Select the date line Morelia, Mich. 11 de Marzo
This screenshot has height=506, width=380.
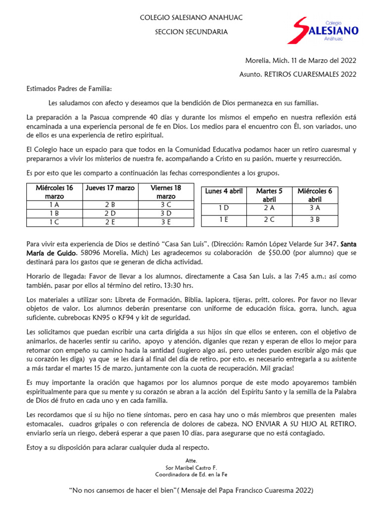click(301, 61)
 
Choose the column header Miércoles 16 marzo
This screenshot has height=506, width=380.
click(54, 192)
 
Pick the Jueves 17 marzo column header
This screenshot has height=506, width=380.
click(110, 188)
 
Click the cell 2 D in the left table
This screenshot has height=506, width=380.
click(110, 213)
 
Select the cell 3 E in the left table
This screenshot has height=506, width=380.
click(165, 222)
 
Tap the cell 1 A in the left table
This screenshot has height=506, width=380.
click(54, 204)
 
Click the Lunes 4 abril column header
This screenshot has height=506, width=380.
click(224, 191)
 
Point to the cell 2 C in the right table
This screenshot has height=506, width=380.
click(269, 220)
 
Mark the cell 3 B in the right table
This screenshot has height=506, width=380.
click(315, 220)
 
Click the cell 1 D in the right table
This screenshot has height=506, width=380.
click(224, 208)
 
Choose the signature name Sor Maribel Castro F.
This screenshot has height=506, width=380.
click(191, 467)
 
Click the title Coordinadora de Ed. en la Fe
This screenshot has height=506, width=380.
click(191, 475)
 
